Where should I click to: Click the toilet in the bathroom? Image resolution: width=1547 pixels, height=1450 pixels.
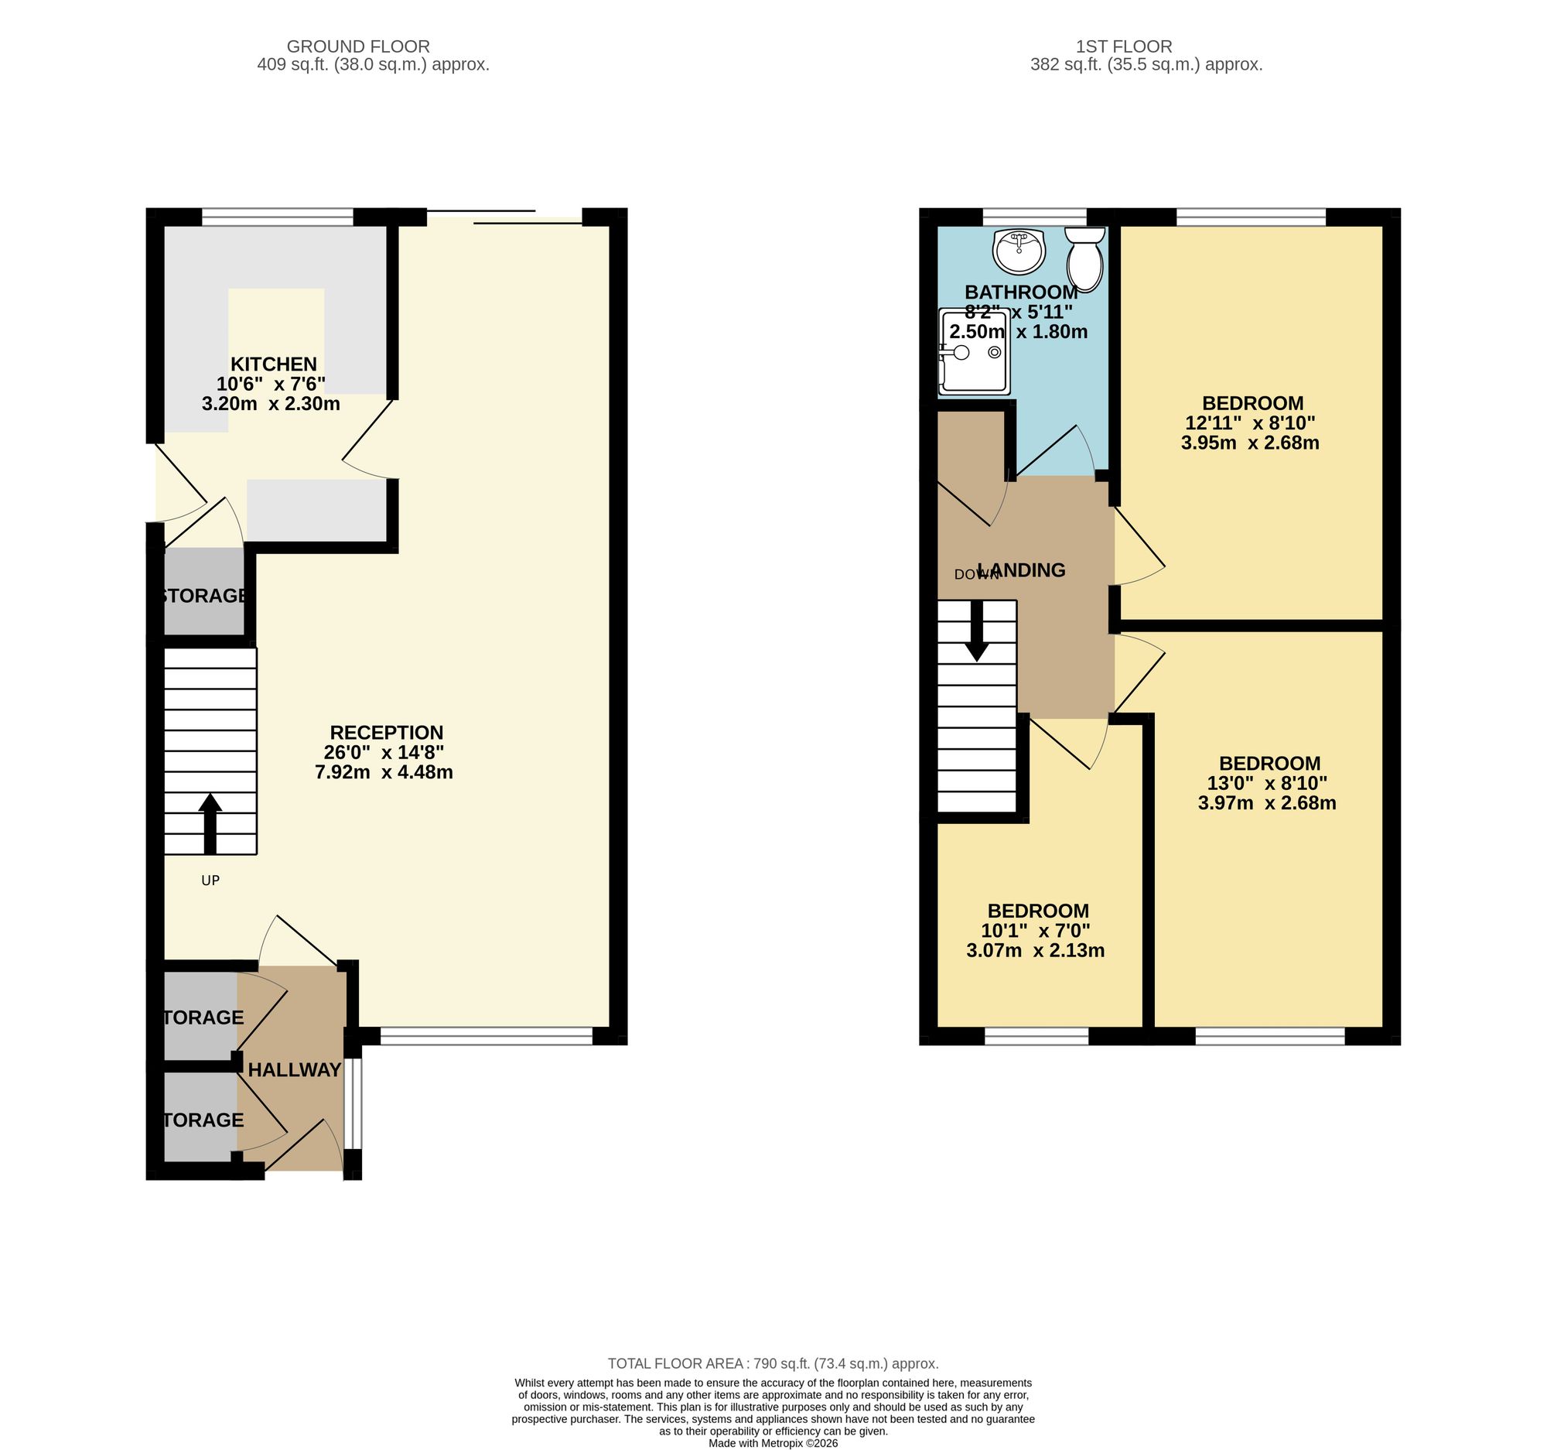[x=1084, y=259]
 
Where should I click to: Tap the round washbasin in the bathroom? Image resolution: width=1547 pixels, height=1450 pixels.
[x=1019, y=251]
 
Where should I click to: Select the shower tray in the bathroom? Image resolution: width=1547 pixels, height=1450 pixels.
[x=975, y=351]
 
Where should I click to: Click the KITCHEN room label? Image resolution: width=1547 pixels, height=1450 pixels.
[x=274, y=364]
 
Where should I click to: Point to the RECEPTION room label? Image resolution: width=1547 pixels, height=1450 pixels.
[x=387, y=733]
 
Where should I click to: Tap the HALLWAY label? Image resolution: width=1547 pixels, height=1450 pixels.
[x=295, y=1070]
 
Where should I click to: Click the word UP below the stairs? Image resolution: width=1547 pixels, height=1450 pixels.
[x=210, y=881]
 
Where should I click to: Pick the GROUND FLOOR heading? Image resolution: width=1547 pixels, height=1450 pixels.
[x=358, y=46]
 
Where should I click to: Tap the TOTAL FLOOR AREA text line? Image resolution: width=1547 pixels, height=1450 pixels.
[x=773, y=1363]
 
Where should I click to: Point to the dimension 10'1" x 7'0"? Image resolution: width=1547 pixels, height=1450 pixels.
[x=1036, y=930]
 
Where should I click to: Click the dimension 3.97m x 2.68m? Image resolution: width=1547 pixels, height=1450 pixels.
[x=1268, y=803]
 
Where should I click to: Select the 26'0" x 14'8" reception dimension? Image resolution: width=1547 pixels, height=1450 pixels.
[x=384, y=753]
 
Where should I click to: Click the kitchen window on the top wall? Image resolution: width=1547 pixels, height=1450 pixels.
[x=278, y=217]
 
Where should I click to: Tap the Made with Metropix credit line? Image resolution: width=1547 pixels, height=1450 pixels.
[x=773, y=1442]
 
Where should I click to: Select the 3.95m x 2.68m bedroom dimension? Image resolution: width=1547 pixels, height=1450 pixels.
[x=1251, y=443]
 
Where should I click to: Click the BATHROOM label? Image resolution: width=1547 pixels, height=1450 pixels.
[x=1021, y=292]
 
